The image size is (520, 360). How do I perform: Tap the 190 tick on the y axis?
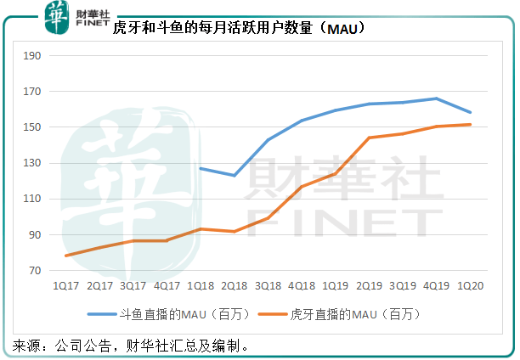[x=35, y=56]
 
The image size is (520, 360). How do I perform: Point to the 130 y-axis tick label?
[x=35, y=163]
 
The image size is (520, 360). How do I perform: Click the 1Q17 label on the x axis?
[x=65, y=286]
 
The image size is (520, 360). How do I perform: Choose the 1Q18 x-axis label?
[x=200, y=286]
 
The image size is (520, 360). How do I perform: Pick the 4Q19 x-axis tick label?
[x=436, y=286]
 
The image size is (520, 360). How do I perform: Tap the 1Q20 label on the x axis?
[x=470, y=286]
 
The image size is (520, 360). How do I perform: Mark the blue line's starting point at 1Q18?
[x=201, y=168]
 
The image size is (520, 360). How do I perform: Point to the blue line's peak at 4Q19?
[x=436, y=98]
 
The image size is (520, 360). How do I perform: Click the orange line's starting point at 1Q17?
[x=65, y=256]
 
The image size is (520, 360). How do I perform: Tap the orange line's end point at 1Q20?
[x=470, y=125]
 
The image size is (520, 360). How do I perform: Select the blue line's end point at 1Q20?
[x=470, y=112]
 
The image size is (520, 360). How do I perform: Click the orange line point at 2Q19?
[x=369, y=138]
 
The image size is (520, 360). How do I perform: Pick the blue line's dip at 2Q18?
[x=234, y=176]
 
